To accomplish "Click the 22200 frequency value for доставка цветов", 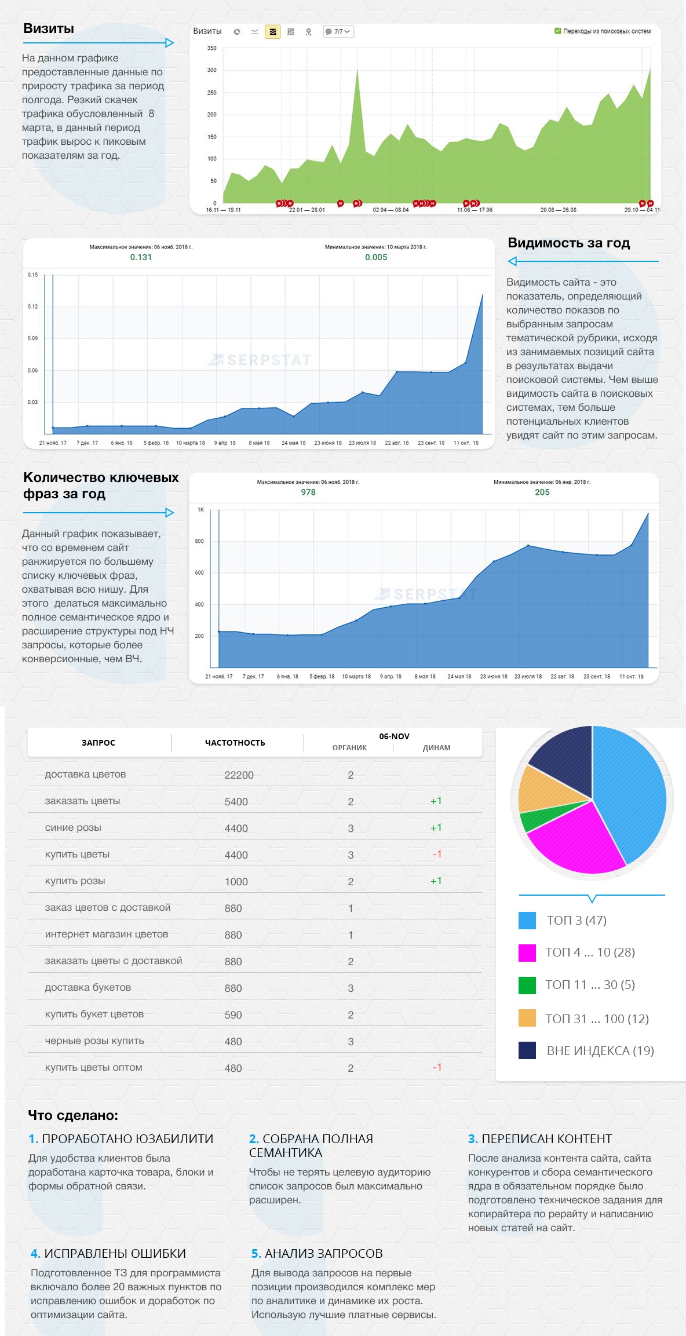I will tap(239, 775).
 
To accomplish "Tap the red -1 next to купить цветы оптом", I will tap(437, 1067).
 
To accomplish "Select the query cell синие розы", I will tap(73, 827).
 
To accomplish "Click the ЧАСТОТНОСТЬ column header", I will tap(235, 743).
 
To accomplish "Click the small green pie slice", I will tap(536, 817).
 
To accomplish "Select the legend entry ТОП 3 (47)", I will tap(576, 920).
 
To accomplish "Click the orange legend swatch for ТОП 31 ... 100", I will tap(527, 1018).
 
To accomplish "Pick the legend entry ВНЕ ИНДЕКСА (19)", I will tap(600, 1050).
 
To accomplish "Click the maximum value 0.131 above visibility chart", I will tap(141, 257).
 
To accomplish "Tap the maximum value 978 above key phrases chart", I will tap(308, 492).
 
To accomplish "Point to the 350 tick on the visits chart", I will tap(212, 48).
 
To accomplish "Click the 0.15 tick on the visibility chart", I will tap(32, 275).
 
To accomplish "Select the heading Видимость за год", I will tap(568, 243).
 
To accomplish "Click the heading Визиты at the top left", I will tap(49, 28).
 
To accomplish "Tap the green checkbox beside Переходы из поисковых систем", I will tap(557, 31).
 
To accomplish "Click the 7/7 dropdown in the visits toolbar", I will tap(338, 32).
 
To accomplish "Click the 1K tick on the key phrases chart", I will tap(200, 510).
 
